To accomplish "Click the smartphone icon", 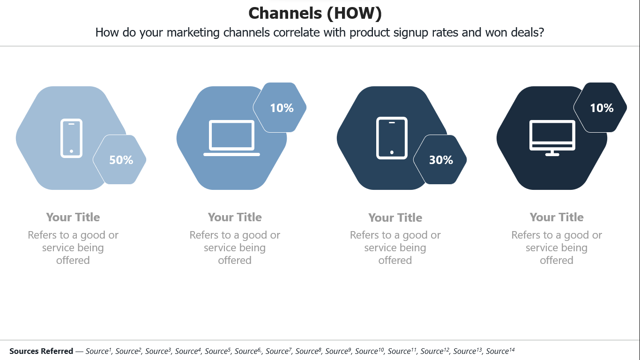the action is pos(71,138).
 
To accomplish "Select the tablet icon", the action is pos(392,138).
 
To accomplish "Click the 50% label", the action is pos(121,160).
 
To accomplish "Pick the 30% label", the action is pos(441,160).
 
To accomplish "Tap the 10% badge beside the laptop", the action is pos(282,108).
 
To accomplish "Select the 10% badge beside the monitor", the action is pos(602,108).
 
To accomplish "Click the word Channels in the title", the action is pos(285,13).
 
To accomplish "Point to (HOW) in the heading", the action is pos(354,14).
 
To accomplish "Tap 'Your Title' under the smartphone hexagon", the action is pos(73,217).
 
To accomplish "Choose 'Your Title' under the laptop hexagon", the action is pos(235,217).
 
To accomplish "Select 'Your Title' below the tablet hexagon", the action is pos(395,217).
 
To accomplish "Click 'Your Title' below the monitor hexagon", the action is pos(557,217).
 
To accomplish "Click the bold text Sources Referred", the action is pos(41,351).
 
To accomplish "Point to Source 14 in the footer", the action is pos(500,351).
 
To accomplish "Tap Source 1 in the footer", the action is pos(98,351).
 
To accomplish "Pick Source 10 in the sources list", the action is pos(369,351).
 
